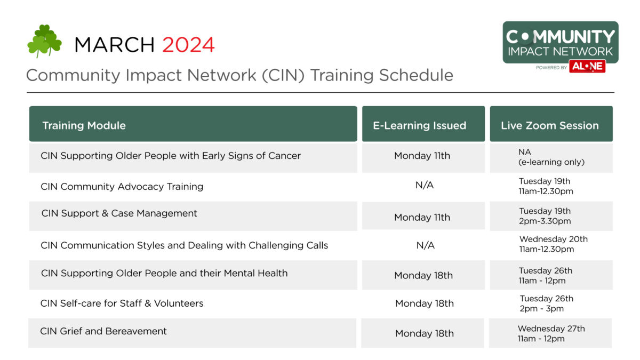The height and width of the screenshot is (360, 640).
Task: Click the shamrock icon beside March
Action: click(x=44, y=41)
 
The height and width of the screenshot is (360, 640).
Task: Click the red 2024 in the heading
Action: click(x=188, y=45)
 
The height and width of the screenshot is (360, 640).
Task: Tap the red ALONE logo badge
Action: click(x=587, y=67)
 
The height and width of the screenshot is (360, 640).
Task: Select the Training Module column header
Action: click(x=84, y=126)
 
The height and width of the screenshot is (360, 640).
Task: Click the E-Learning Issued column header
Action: click(x=419, y=126)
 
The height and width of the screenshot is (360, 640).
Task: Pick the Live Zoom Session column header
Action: click(x=549, y=126)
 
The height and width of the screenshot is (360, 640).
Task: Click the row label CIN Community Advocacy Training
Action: click(x=122, y=187)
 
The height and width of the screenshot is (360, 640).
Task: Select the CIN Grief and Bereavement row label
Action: click(x=103, y=331)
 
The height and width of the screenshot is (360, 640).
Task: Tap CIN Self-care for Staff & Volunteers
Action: click(x=122, y=303)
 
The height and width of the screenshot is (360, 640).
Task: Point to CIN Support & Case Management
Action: click(x=119, y=213)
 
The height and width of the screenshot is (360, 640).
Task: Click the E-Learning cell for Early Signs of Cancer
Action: click(x=422, y=156)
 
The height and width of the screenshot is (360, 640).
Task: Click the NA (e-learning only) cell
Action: click(x=551, y=157)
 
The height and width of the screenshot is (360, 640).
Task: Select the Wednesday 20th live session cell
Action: click(x=553, y=244)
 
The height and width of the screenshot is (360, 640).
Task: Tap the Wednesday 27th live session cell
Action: click(x=551, y=333)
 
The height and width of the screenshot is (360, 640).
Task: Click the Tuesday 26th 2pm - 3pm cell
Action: click(x=546, y=303)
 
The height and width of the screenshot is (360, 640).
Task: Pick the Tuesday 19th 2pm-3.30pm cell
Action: click(x=545, y=216)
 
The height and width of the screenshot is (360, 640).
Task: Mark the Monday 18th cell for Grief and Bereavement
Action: click(x=424, y=333)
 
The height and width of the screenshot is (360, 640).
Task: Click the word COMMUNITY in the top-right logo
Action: click(x=560, y=37)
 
